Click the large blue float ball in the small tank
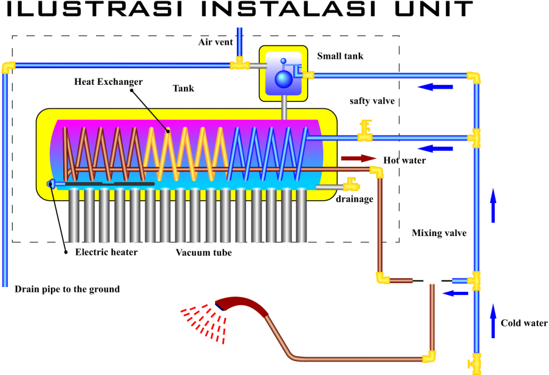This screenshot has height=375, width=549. pos(284,79)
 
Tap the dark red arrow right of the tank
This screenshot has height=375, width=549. pos(359,158)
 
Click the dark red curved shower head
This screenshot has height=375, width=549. pos(242,305)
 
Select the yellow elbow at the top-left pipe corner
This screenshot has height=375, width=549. pos(8,67)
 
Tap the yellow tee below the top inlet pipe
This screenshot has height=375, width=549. pos(240,64)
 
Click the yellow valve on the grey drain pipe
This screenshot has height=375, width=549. pos(351,185)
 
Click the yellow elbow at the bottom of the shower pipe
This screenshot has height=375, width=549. pos(429,357)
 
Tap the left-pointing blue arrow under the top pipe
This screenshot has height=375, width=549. pos(435,87)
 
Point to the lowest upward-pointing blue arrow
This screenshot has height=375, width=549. pos(493,321)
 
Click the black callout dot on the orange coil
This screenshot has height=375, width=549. pos(168,131)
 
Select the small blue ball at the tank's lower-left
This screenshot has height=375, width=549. pos(51,184)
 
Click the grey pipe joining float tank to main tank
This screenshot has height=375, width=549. pos(284,107)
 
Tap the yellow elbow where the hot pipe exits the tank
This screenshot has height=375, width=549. pos(377,171)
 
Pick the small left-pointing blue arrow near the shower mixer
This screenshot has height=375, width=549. pos(455,293)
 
